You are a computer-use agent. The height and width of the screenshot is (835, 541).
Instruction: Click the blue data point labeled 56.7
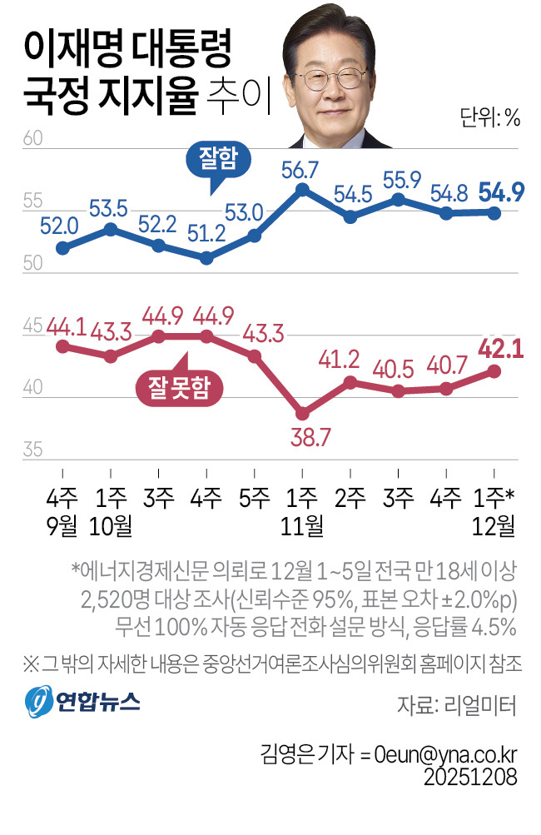(x=303, y=189)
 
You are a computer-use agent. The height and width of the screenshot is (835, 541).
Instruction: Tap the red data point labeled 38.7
(x=303, y=413)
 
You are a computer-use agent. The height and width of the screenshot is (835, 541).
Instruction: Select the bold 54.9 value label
(x=500, y=192)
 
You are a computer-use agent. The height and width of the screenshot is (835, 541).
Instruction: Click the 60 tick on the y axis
(x=33, y=139)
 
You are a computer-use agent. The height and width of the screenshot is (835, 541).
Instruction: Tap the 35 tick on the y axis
(x=33, y=451)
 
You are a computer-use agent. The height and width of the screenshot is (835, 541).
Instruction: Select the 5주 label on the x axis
(x=255, y=498)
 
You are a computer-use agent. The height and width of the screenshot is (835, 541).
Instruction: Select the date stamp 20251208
(x=471, y=777)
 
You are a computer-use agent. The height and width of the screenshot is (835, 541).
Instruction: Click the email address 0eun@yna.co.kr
(x=445, y=754)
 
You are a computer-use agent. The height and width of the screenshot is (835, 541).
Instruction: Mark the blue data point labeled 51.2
(x=207, y=258)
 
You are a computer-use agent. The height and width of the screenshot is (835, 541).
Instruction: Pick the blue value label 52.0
(x=60, y=224)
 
